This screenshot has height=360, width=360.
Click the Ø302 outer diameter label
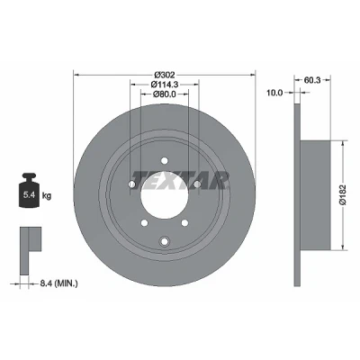pos(165,75)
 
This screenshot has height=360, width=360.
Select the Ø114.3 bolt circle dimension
pos(165,85)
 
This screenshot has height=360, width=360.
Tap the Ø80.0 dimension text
pos(165,94)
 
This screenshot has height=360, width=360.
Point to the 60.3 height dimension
pos(312,80)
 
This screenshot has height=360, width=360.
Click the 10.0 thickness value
pos(274,93)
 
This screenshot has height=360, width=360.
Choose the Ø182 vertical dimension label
pos(344,194)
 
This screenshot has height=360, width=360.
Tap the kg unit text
pos(47,196)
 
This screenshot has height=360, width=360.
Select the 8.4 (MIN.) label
pos(58,283)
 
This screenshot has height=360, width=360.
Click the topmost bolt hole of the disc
pos(164,160)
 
